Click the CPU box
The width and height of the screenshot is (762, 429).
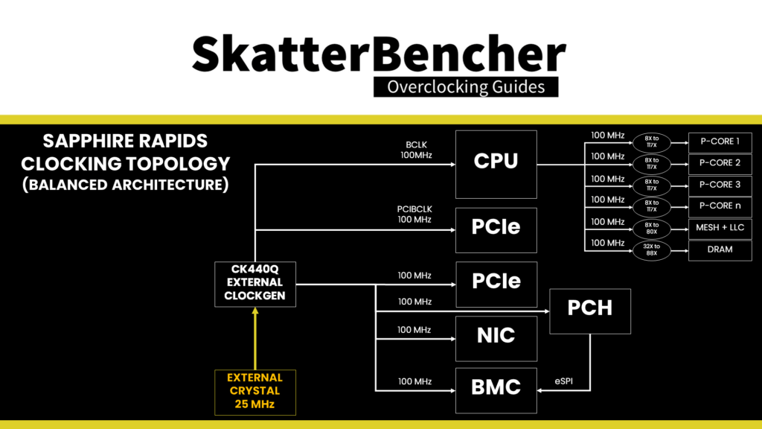496,161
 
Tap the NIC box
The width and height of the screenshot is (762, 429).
496,336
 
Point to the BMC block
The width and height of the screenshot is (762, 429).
496,389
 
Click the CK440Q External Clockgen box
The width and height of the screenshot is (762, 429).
255,283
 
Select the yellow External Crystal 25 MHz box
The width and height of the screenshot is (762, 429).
255,392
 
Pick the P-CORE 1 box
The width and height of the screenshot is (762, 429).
720,142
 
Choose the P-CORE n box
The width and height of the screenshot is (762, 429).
720,206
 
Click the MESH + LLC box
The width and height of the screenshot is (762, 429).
720,229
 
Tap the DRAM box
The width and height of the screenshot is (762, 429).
720,250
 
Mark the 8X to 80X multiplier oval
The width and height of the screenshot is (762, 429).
652,229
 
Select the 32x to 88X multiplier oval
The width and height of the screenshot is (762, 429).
652,250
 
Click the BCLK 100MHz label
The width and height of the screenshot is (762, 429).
414,150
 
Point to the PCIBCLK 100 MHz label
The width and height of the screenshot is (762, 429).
414,214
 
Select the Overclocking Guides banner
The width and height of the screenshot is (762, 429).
465,87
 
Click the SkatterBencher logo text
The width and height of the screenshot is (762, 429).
380,54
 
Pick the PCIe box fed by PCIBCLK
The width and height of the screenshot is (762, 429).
496,226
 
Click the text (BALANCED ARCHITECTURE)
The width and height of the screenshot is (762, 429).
126,184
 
